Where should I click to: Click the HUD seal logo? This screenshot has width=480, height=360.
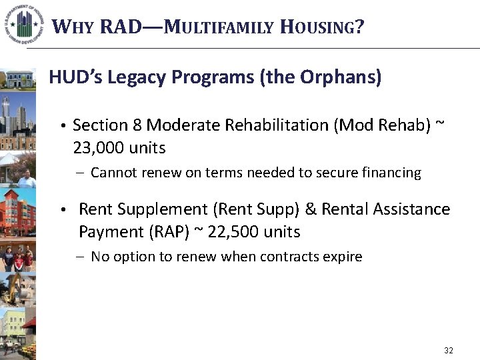(23, 24)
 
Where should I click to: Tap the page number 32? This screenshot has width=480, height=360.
(448, 351)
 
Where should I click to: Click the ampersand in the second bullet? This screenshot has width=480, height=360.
(310, 209)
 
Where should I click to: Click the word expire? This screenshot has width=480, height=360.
(343, 257)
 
